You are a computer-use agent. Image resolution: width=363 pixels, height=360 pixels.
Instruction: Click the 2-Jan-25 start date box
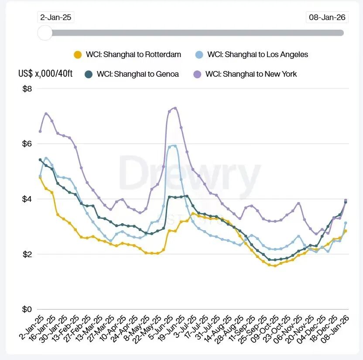tap(56, 17)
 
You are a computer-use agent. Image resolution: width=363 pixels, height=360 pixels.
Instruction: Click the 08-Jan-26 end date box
tap(327, 17)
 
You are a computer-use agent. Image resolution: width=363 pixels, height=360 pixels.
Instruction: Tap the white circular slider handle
tap(45, 33)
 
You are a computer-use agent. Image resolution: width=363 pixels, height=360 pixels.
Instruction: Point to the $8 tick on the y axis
tap(27, 89)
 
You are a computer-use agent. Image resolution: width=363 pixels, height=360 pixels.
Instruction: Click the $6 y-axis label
tap(27, 144)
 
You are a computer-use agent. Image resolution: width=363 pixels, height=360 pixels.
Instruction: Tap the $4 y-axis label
tap(27, 199)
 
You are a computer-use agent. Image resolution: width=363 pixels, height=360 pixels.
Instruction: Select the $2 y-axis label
tap(27, 254)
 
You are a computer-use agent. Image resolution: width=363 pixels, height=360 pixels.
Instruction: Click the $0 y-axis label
tap(27, 309)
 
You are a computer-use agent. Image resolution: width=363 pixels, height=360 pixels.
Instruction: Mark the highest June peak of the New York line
tap(175, 108)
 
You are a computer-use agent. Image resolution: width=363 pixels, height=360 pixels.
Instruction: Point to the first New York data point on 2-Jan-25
tap(40, 131)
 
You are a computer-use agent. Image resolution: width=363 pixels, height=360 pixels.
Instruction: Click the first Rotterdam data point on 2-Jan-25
tap(40, 177)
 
